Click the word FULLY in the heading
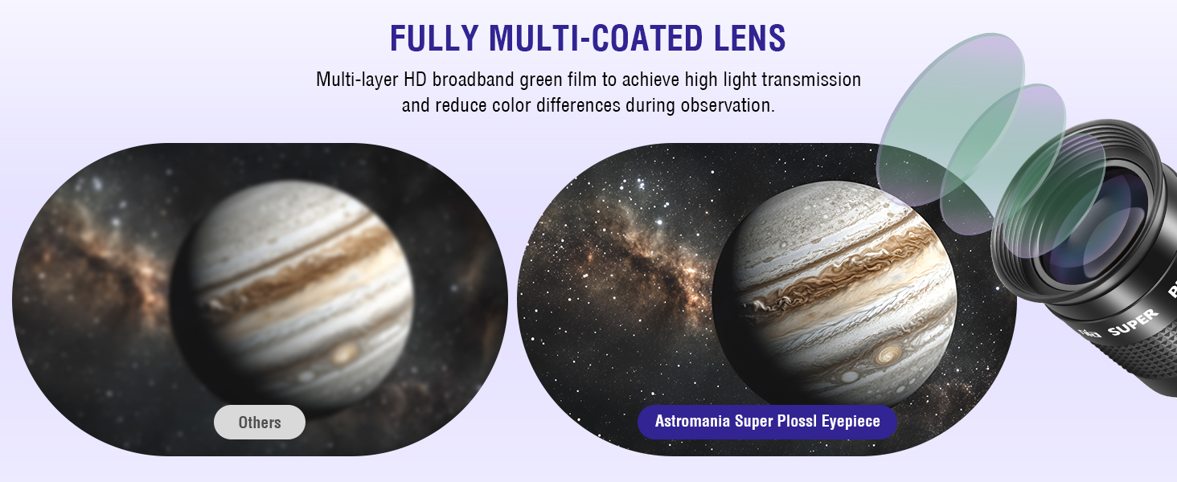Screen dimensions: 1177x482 point(434,38)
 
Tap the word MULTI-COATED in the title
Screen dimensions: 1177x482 point(595,38)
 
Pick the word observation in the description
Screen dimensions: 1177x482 point(728,105)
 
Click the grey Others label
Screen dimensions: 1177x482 point(260,422)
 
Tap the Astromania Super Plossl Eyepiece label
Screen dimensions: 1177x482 point(767,421)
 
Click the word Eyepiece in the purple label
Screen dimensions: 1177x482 point(851,422)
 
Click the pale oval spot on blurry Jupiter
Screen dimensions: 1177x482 point(344,354)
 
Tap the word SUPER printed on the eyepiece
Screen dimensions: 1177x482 point(1133,322)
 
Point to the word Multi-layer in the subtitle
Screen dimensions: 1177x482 point(357,80)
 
